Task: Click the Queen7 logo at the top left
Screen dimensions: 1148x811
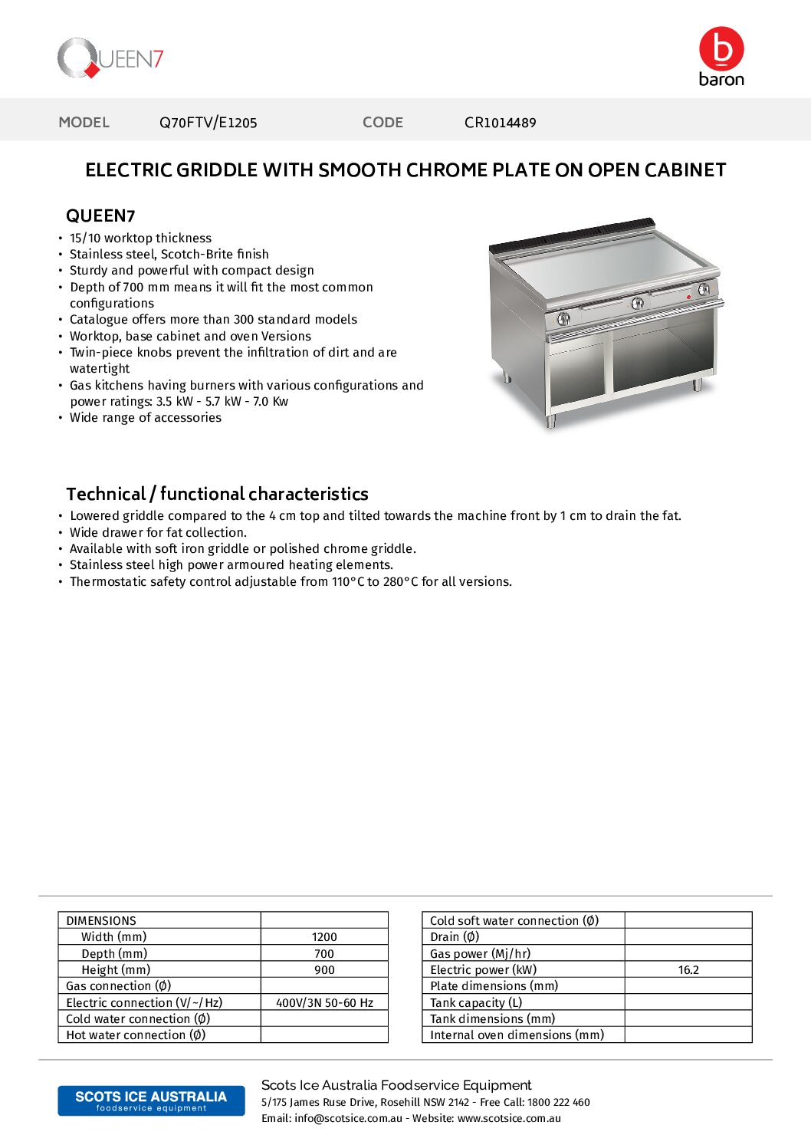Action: tap(110, 58)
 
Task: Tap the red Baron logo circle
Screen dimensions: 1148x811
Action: tap(721, 49)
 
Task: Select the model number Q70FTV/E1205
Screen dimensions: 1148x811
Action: tap(208, 123)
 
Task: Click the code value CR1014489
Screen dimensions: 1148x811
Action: tap(500, 123)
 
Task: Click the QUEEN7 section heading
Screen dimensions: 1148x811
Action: tap(100, 216)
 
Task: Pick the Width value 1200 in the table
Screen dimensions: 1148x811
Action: tap(324, 937)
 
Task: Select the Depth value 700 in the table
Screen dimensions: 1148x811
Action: tap(324, 954)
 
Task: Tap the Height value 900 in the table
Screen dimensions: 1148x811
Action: tap(324, 970)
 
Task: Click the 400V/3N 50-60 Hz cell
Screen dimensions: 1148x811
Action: tap(324, 1003)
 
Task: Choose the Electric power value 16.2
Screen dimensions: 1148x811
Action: tap(688, 970)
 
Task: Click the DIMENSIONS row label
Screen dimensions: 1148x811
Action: tap(101, 921)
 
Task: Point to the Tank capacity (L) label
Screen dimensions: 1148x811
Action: tap(476, 1003)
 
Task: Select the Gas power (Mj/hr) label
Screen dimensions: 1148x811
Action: tap(480, 954)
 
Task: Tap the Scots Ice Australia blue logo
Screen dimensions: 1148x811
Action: tap(151, 1100)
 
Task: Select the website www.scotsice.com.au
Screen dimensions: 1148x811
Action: tap(509, 1119)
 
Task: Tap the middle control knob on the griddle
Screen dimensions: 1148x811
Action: tap(637, 304)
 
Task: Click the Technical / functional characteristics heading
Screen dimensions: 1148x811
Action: tap(217, 494)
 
